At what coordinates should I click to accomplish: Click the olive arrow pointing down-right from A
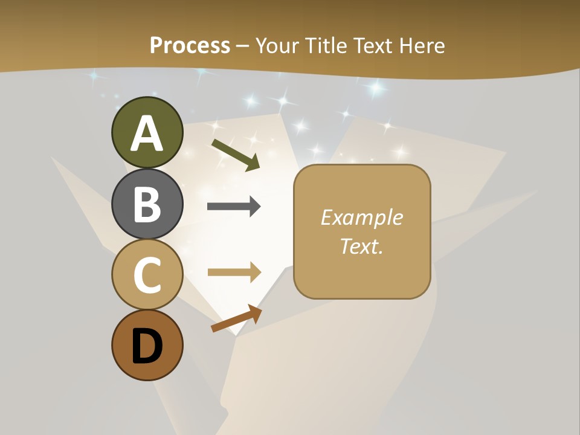(236, 155)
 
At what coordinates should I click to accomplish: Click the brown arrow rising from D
(236, 318)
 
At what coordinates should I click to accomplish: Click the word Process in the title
(190, 45)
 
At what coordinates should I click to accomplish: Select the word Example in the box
(361, 217)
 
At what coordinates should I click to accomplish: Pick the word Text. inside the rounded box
(361, 246)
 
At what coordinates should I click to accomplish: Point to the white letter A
(147, 134)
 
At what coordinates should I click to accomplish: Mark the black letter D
(147, 347)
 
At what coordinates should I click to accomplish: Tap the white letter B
(147, 205)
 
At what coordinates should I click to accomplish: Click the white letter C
(147, 275)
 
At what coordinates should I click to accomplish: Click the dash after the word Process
(243, 47)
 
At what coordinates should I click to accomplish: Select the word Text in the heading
(371, 45)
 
